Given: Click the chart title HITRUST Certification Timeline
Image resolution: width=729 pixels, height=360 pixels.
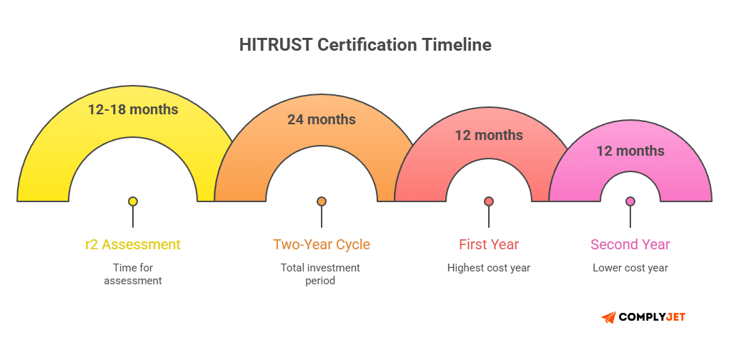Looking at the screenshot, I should point(364,44).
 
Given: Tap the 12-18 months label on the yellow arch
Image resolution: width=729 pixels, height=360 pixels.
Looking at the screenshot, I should point(133,109).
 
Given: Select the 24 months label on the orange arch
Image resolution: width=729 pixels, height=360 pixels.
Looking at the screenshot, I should point(322,119).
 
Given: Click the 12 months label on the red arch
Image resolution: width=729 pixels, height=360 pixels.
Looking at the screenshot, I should point(489,135).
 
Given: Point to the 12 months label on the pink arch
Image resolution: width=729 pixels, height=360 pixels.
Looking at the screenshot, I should point(630,151).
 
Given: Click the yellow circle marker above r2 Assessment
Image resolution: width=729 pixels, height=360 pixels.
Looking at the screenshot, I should point(133,201).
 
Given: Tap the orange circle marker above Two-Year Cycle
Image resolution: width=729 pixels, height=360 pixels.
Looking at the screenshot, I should point(322,201).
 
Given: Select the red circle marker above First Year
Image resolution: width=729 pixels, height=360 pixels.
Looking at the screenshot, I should point(489,201).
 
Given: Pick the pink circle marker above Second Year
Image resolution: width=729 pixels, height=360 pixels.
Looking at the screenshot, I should point(630,201).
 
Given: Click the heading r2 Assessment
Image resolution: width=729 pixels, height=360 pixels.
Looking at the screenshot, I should point(133,244).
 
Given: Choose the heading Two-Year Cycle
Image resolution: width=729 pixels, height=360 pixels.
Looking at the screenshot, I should point(322,244).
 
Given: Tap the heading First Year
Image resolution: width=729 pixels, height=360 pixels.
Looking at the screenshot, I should point(489,244).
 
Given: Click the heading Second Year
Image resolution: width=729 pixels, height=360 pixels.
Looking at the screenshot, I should point(630,244).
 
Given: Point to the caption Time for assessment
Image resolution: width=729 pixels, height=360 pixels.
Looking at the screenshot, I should point(133,274).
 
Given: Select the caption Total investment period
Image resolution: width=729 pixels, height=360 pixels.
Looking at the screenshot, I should point(322,274).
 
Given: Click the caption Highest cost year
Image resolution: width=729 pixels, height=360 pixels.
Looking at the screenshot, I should point(489,268).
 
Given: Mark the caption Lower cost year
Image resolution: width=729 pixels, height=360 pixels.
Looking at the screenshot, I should point(630,268).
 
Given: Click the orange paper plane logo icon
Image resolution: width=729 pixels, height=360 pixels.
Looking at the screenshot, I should point(608,317).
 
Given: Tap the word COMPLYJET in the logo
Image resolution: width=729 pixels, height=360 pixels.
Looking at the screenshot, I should point(653,317).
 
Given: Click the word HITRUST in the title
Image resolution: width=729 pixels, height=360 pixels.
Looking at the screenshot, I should point(274,44).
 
